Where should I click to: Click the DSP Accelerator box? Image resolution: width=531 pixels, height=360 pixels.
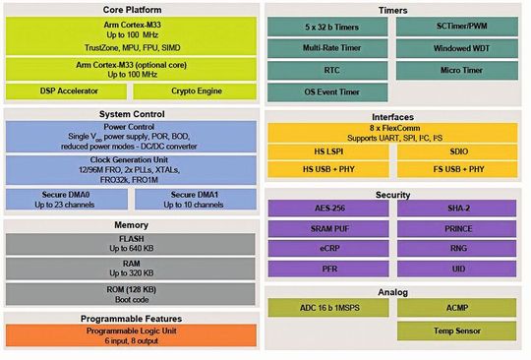pos(69,90)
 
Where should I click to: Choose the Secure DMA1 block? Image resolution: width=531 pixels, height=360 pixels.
pos(195,199)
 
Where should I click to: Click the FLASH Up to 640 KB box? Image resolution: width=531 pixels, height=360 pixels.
pos(131,244)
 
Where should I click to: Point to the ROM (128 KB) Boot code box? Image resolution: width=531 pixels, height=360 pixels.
pos(131,293)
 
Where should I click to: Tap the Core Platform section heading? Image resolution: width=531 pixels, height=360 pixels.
pos(131,9)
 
